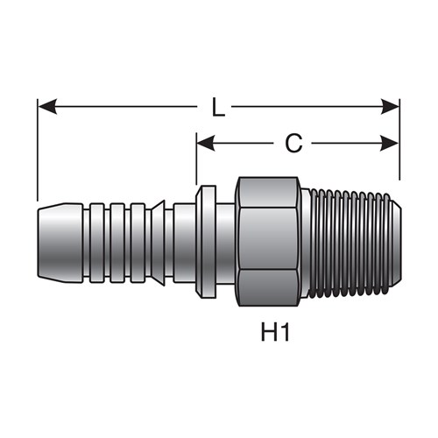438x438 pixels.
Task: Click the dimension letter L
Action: [218, 107]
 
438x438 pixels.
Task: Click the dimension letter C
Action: [293, 144]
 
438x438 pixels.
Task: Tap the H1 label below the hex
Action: [275, 334]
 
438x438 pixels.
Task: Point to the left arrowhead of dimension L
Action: [47, 107]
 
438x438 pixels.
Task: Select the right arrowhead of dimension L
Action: [390, 107]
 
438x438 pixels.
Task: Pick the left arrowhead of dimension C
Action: [206, 144]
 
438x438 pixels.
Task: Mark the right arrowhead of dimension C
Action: [390, 144]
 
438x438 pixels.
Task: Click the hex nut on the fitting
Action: [268, 241]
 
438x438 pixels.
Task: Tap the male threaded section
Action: [350, 242]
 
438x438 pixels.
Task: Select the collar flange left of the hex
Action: [206, 242]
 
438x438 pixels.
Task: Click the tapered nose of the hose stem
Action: [60, 243]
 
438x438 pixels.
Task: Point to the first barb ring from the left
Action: [96, 243]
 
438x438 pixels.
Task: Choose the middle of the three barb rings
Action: [117, 243]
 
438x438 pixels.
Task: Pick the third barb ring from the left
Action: [138, 243]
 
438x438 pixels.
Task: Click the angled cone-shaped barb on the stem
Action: [159, 243]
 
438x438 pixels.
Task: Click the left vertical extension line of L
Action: [38, 150]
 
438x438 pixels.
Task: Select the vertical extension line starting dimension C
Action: [196, 159]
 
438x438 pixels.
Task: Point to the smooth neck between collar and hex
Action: [226, 243]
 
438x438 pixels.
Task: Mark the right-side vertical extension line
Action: [399, 139]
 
